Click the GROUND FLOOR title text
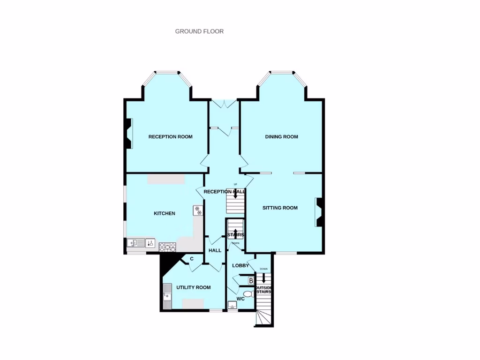coord(199,31)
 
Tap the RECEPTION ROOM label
coord(170,137)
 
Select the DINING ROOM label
coord(281,137)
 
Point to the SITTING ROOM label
coord(280,208)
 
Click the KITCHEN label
coord(165,213)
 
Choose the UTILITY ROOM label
coord(193,287)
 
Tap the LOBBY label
coord(240,265)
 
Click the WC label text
coord(240,299)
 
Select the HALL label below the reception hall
coord(215,250)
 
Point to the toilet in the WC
coord(249,294)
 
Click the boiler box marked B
coord(251,281)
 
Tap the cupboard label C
coord(192,258)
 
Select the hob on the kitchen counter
coord(167,247)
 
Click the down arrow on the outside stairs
coord(263,277)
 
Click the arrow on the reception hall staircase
coord(235,193)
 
